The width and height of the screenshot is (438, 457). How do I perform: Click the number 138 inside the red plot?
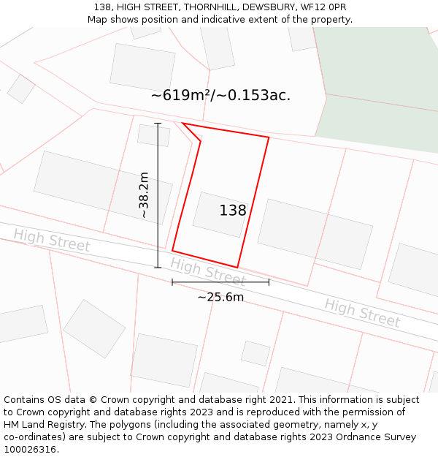(233, 211)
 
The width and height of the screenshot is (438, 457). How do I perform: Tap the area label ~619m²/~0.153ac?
(220, 96)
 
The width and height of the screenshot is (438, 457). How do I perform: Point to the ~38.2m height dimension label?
(145, 195)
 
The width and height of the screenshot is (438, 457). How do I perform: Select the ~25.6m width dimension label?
(220, 297)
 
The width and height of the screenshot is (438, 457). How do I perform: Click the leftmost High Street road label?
(51, 241)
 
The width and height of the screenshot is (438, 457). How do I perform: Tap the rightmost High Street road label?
(362, 312)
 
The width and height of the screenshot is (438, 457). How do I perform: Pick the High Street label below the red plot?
(208, 271)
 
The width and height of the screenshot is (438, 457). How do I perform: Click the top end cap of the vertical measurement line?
(158, 124)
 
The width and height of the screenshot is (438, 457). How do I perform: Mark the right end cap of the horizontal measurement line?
(269, 282)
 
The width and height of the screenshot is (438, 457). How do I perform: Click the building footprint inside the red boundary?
(219, 214)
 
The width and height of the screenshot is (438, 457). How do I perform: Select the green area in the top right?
(380, 80)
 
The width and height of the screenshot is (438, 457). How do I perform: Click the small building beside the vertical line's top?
(153, 135)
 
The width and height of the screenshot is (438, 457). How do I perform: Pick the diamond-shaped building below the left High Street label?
(94, 328)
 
